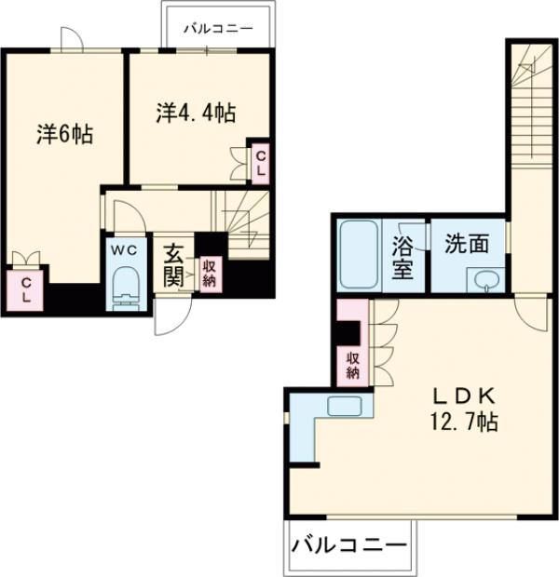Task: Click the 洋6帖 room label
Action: [64, 134]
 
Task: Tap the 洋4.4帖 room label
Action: [196, 114]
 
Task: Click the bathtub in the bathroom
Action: [358, 254]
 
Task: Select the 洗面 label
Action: [467, 245]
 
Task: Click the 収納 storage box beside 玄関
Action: [211, 273]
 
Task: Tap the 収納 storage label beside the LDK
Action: [353, 366]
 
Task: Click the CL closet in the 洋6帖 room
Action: [27, 288]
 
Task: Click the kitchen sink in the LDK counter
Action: [343, 406]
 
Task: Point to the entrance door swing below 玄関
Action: [170, 316]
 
